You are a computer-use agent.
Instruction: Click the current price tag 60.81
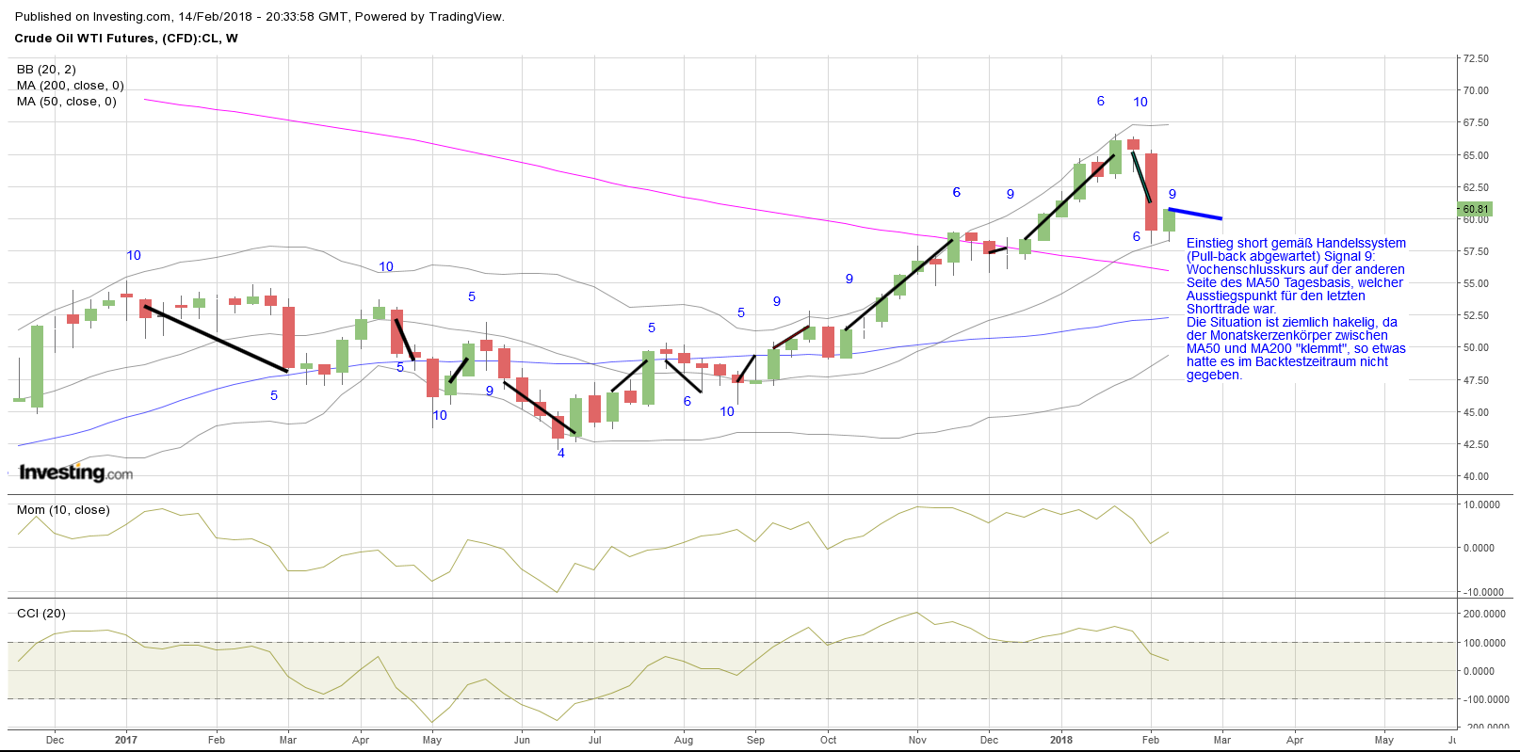(x=1475, y=209)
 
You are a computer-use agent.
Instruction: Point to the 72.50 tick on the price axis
(x=1475, y=58)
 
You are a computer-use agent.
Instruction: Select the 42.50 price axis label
(x=1475, y=444)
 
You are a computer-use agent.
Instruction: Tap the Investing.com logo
(x=75, y=472)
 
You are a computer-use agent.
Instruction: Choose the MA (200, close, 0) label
(x=71, y=86)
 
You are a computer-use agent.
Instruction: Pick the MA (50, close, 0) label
(x=67, y=102)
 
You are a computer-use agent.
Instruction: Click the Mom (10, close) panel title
(x=63, y=510)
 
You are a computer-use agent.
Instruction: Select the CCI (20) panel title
(x=41, y=614)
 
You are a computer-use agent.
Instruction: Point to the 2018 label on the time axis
(x=1061, y=740)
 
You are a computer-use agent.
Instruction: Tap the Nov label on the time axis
(x=917, y=740)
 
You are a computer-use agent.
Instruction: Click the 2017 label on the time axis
(x=126, y=740)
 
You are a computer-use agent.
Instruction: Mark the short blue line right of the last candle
(x=1195, y=214)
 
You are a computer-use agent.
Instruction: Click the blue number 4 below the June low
(x=561, y=453)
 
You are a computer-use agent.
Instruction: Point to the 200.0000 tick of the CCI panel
(x=1485, y=614)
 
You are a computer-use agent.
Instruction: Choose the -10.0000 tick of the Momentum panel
(x=1483, y=592)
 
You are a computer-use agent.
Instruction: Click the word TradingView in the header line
(x=466, y=17)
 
